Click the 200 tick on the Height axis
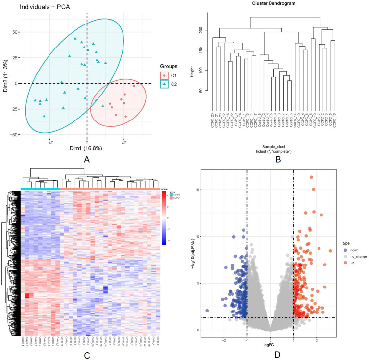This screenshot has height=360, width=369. (200, 29)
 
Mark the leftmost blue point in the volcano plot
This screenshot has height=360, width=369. (207, 311)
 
